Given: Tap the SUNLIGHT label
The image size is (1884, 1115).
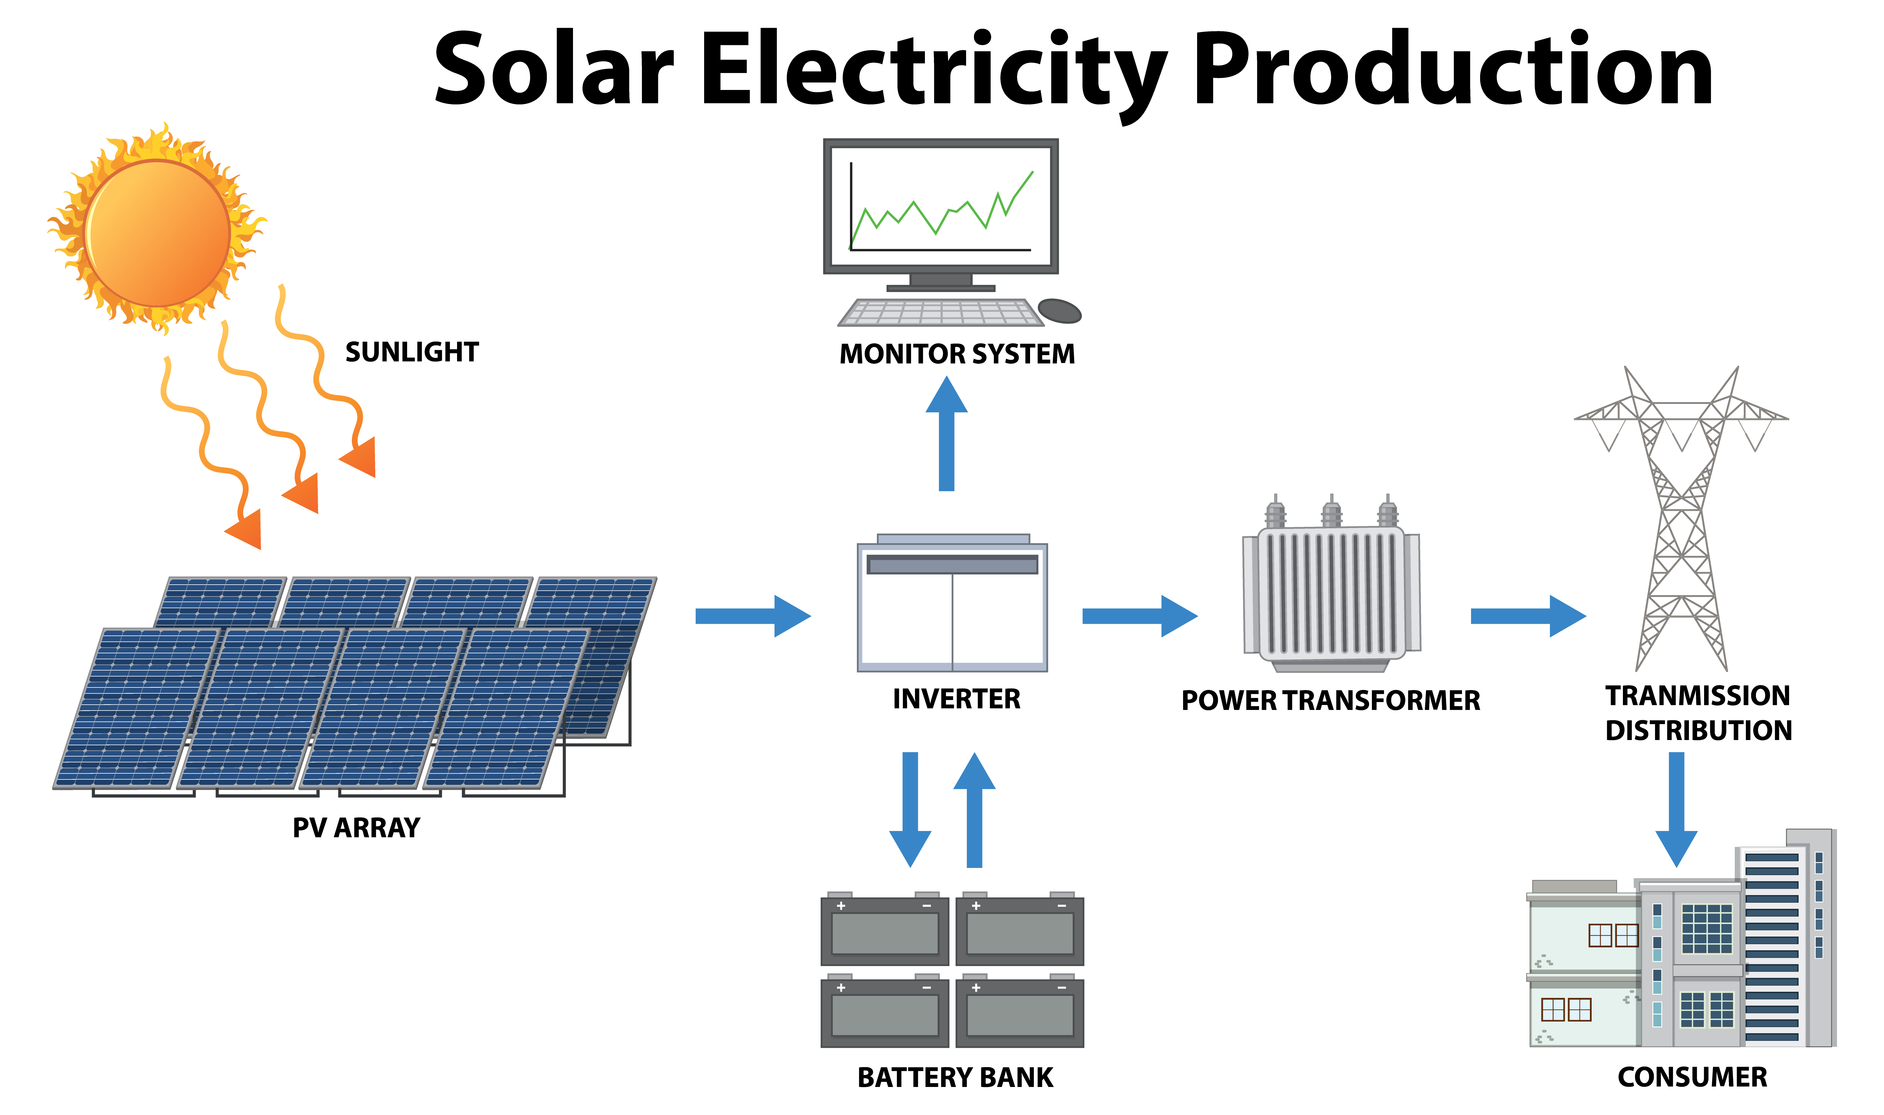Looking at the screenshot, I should (x=412, y=352).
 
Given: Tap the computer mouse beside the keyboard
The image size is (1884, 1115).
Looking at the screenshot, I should (x=1059, y=310).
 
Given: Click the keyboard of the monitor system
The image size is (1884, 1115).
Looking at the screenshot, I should (x=940, y=312).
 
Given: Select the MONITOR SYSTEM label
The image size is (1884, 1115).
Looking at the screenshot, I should (x=957, y=354).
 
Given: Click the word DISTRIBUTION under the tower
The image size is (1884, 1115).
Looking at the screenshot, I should (x=1699, y=730).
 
